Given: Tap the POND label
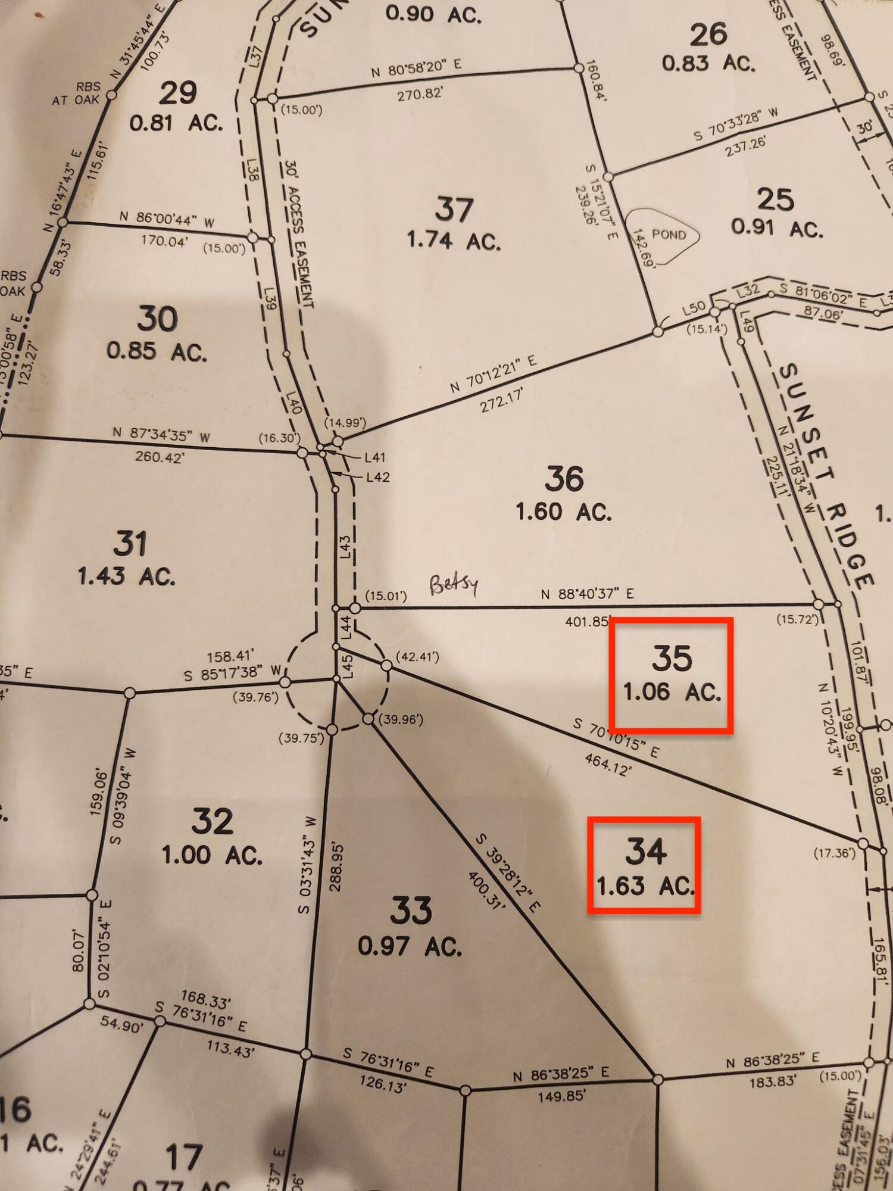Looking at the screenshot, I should [x=669, y=235].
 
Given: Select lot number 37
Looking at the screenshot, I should [x=454, y=210].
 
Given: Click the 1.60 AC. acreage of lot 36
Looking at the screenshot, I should [x=563, y=512].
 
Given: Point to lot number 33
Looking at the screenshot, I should [x=411, y=910].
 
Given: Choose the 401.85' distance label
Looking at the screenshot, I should [x=586, y=622].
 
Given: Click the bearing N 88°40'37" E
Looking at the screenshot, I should [x=587, y=594].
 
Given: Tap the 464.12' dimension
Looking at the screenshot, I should [x=607, y=764].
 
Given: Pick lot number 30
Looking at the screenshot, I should [x=157, y=319].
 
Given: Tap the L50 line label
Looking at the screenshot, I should [x=694, y=308].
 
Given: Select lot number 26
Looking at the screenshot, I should [x=708, y=35].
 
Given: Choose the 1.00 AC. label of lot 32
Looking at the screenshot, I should [x=212, y=856].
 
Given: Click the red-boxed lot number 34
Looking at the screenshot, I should [x=645, y=851].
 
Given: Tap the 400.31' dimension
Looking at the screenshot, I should [x=486, y=890].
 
